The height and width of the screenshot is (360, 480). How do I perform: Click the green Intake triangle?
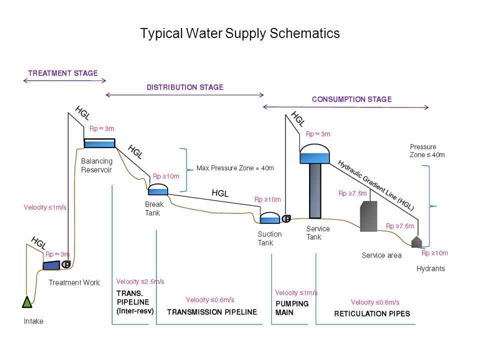(27, 301)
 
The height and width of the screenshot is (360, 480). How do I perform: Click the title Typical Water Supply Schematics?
(240, 33)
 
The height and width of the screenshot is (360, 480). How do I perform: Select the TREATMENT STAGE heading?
(62, 73)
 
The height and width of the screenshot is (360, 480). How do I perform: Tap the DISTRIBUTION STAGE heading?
(184, 87)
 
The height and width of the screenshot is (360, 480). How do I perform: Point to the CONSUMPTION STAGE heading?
(351, 99)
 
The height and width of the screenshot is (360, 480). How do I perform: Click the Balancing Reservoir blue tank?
(99, 143)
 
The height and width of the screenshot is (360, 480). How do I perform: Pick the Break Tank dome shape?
(158, 189)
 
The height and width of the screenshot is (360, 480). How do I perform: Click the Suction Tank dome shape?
(270, 218)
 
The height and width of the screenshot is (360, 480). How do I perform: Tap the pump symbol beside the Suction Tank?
(287, 218)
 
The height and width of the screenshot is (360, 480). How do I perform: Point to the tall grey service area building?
(368, 216)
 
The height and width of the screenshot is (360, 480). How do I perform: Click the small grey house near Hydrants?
(417, 242)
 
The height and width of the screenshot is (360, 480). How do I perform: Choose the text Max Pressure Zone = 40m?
(235, 168)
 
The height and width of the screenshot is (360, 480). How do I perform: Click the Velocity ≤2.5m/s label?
(140, 281)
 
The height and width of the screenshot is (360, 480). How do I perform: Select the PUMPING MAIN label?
(292, 308)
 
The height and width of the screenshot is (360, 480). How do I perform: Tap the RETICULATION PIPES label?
(372, 314)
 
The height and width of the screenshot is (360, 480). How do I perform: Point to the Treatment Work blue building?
(51, 264)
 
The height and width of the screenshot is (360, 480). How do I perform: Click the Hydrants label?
(430, 268)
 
